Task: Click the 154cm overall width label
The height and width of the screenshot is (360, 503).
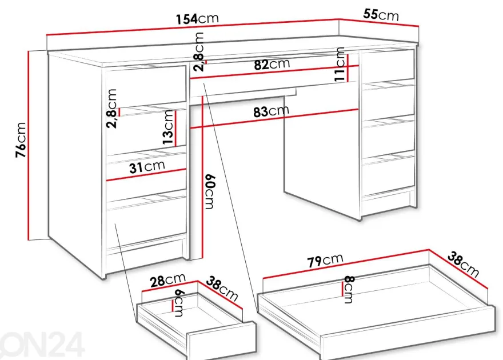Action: pyautogui.click(x=197, y=19)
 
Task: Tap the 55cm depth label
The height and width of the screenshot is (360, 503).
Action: pyautogui.click(x=381, y=14)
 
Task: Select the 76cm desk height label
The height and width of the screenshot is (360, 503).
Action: pyautogui.click(x=21, y=140)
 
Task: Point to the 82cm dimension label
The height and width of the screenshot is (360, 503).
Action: pyautogui.click(x=272, y=64)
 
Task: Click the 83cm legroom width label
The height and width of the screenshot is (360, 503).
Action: pyautogui.click(x=271, y=111)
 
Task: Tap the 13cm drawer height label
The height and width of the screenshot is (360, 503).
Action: pyautogui.click(x=168, y=127)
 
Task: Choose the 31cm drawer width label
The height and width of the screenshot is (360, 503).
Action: pyautogui.click(x=147, y=167)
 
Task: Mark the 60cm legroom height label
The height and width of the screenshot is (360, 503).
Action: pyautogui.click(x=209, y=191)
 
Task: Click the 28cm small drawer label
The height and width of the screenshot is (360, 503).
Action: pyautogui.click(x=168, y=280)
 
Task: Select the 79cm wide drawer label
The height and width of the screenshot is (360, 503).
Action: pyautogui.click(x=325, y=261)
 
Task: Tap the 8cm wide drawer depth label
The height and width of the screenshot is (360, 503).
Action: pyautogui.click(x=349, y=290)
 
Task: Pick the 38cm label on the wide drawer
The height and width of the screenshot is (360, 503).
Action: pyautogui.click(x=463, y=264)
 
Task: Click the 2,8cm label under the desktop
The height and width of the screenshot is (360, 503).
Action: pyautogui.click(x=199, y=51)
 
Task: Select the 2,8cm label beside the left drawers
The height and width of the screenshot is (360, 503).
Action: pyautogui.click(x=111, y=109)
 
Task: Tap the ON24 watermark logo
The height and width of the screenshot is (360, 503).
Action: pyautogui.click(x=42, y=344)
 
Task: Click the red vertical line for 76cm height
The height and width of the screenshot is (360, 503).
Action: pyautogui.click(x=29, y=145)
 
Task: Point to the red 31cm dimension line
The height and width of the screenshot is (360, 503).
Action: pyautogui.click(x=146, y=175)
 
